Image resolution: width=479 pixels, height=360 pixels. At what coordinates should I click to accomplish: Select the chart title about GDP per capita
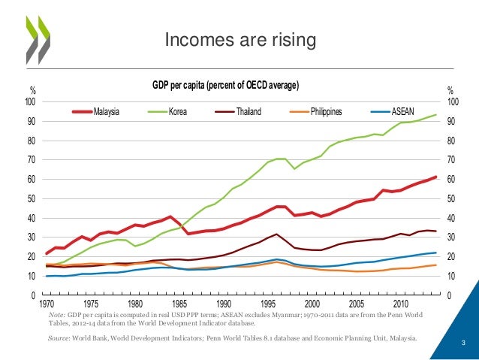tap(225, 86)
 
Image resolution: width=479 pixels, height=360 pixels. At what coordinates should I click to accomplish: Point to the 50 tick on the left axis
tap(32, 199)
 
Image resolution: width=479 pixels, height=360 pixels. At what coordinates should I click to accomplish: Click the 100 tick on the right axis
tap(453, 102)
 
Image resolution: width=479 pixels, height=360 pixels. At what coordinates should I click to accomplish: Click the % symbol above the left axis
tap(32, 92)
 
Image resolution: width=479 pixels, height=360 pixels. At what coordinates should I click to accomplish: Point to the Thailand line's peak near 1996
tap(277, 234)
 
